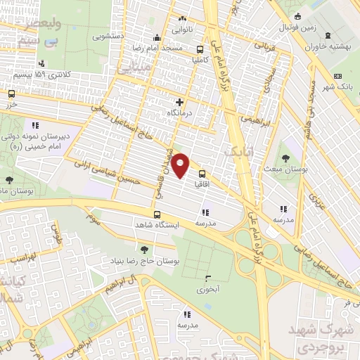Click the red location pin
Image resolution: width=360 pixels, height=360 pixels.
tap(181, 165)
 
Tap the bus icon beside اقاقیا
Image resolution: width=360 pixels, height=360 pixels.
tap(202, 174)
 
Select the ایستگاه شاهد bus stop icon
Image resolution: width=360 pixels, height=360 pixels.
tap(157, 214)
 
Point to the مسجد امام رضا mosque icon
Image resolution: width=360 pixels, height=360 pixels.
tap(157, 39)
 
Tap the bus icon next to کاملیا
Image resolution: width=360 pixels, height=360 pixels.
tap(201, 49)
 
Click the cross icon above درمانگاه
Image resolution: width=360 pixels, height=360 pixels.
tap(179, 102)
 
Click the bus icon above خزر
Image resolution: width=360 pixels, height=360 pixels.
tap(11, 93)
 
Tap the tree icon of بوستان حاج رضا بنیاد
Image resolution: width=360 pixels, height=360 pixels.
tap(144, 249)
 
